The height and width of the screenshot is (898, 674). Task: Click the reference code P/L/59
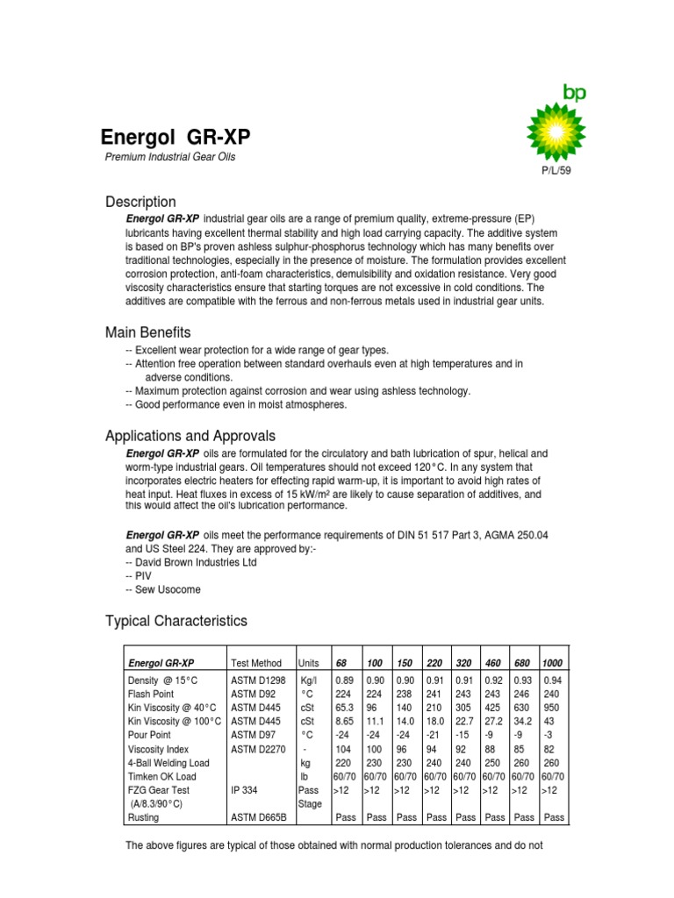tap(556, 171)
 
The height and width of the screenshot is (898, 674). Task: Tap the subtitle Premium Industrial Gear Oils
tap(170, 157)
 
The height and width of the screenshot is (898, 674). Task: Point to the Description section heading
tap(140, 203)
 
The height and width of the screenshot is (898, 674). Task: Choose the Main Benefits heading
tap(147, 332)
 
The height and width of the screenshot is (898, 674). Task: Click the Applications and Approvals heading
tap(190, 436)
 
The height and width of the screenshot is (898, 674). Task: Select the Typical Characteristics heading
tap(176, 621)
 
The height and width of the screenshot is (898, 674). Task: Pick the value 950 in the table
tap(553, 707)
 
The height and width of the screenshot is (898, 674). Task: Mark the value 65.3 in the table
tap(345, 707)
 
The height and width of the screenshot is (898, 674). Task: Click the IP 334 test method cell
tap(245, 789)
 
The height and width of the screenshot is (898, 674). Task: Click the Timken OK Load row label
tap(162, 775)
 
